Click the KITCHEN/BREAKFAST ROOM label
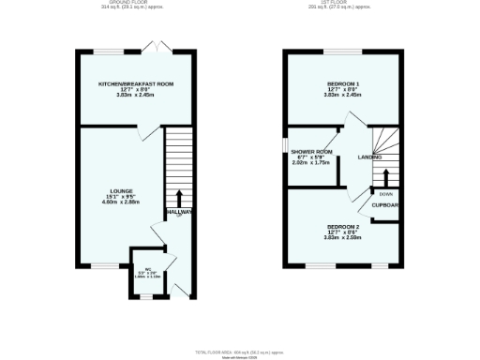pyautogui.click(x=137, y=84)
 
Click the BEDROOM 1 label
pyautogui.click(x=343, y=84)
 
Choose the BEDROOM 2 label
pyautogui.click(x=343, y=227)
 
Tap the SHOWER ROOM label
pyautogui.click(x=312, y=152)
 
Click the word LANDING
pyautogui.click(x=370, y=157)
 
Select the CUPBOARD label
pyautogui.click(x=386, y=204)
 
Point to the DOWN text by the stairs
pyautogui.click(x=385, y=194)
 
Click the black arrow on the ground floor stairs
pyautogui.click(x=179, y=198)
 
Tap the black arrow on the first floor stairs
pyautogui.click(x=385, y=177)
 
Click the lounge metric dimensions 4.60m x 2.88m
pyautogui.click(x=113, y=203)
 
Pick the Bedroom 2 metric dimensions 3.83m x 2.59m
pyautogui.click(x=343, y=238)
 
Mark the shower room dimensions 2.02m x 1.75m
pyautogui.click(x=312, y=163)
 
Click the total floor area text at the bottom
pyautogui.click(x=240, y=351)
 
